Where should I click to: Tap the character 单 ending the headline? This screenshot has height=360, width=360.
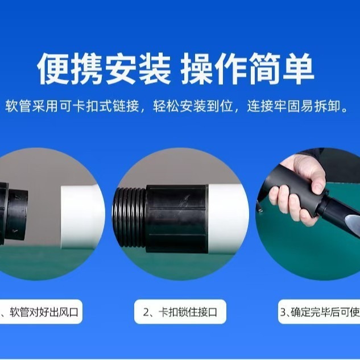pos(298,68)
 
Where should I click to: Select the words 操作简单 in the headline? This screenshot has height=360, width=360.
pos(247,68)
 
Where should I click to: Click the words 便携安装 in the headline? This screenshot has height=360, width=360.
pos(104,68)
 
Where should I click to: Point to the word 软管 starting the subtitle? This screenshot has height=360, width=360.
pos(18,106)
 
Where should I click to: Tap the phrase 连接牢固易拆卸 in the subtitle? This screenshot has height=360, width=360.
pos(294,106)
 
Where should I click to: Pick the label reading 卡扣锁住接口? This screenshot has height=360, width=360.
pos(188,312)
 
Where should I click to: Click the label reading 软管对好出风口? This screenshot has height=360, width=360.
pos(44,312)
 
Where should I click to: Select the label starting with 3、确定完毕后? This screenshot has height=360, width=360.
pos(320,312)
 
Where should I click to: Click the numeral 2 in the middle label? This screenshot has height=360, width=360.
pos(146,312)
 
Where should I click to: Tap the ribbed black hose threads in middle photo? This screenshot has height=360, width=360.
pos(129,217)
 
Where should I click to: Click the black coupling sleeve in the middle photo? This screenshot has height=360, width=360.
pos(177,218)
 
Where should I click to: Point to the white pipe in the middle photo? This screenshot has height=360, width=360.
pos(227,220)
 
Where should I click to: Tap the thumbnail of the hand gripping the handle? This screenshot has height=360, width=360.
pos(308,214)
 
